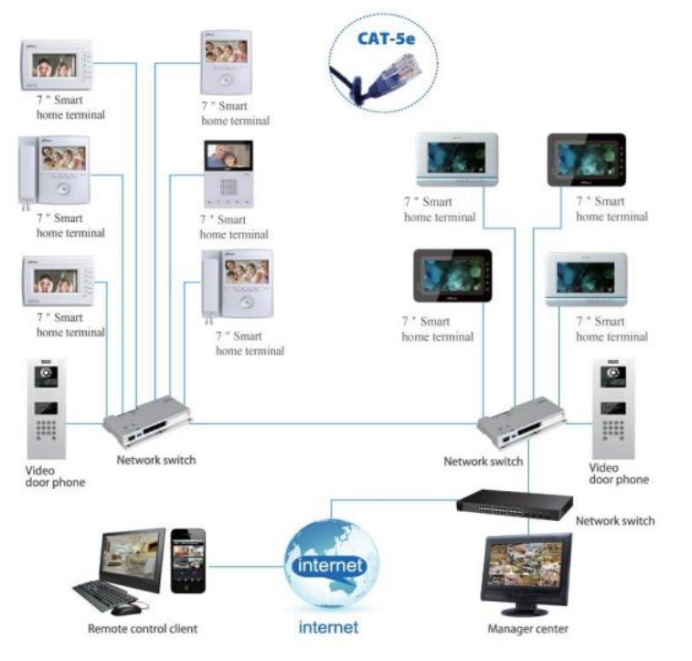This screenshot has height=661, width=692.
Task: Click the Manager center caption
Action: point(528,629)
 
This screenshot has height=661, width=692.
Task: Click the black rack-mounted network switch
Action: point(515,501)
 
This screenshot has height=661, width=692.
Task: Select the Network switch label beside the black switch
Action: point(614,521)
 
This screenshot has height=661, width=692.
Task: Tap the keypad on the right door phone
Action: point(612,431)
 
